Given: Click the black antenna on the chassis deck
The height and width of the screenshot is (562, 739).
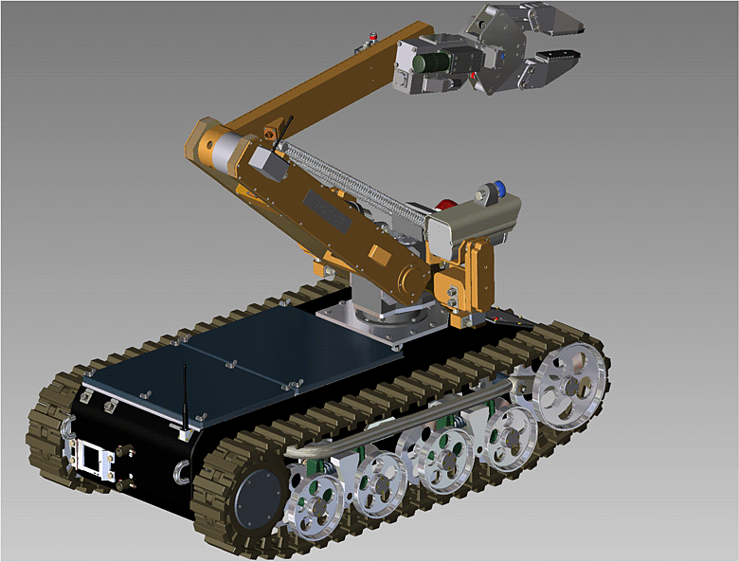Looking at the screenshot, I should pos(184,398).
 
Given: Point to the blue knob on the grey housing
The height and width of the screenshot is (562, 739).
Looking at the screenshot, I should pos(495,187).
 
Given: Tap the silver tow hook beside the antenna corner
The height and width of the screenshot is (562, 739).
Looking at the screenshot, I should pos(180,471).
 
